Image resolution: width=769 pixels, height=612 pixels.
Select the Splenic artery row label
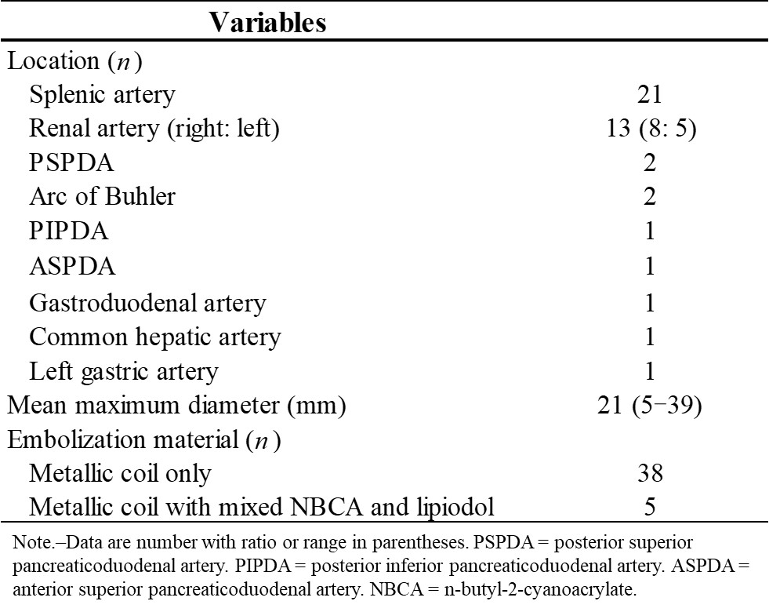point(102,95)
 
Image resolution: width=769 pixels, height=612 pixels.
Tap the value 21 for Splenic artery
point(649,95)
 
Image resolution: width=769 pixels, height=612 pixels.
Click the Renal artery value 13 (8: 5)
point(649,129)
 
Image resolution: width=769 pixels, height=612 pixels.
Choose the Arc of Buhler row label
point(102,197)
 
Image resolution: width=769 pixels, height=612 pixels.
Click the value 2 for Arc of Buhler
point(649,197)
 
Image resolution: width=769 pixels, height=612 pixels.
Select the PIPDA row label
point(68,231)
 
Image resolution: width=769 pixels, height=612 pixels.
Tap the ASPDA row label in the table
point(72,266)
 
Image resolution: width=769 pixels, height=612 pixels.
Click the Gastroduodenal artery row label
point(147,303)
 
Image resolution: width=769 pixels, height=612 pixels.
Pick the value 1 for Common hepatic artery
point(649,337)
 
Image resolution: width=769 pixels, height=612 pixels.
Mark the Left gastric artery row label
point(124,371)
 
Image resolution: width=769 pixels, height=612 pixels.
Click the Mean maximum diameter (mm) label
point(176,406)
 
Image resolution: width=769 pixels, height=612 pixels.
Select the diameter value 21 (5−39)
point(649,406)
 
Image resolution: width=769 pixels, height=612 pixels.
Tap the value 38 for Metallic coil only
point(649,474)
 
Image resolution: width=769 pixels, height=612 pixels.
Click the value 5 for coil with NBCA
point(649,508)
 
